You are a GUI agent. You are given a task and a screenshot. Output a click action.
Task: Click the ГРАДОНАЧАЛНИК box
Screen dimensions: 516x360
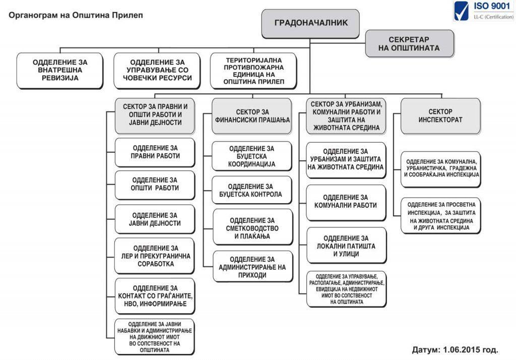coord(310,24)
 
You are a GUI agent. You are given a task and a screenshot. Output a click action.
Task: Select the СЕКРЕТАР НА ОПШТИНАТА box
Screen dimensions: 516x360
coord(409,44)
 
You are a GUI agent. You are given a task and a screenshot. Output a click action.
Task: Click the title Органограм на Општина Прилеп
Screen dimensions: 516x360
coord(76,15)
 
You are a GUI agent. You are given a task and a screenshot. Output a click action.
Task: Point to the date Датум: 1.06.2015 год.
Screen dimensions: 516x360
coord(455,349)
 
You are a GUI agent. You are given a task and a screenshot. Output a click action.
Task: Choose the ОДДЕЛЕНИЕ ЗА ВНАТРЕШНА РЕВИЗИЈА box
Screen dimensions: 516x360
coord(60,71)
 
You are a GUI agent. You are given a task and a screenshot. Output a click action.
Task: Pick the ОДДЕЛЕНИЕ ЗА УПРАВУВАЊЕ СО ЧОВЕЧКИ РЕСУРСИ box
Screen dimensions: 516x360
coord(157,71)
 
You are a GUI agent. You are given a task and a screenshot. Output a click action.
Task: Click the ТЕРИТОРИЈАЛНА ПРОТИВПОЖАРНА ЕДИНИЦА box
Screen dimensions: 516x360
coord(253,71)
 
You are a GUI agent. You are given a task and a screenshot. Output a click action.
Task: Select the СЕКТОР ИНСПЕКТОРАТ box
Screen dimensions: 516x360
coord(440,116)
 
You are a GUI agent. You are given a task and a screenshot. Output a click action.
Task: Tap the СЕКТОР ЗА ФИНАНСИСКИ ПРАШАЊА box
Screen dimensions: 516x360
coord(252,116)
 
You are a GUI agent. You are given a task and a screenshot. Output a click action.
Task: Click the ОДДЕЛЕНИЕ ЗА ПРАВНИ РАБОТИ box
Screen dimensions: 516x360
coord(155,152)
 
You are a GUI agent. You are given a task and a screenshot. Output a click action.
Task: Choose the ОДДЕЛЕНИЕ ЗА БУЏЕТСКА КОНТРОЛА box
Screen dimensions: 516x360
coord(252,191)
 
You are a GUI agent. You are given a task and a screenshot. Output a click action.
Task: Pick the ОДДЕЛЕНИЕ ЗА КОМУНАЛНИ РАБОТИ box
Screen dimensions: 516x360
coord(346,203)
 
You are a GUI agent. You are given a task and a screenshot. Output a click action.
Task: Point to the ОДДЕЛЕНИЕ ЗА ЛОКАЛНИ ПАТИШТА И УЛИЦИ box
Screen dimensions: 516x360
coord(346,246)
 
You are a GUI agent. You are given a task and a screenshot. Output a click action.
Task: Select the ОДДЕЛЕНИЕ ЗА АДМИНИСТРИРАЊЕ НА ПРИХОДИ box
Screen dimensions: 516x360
coord(253,266)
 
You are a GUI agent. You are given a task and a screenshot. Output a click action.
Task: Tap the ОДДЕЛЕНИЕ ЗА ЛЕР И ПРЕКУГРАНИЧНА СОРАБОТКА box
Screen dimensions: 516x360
coord(154,256)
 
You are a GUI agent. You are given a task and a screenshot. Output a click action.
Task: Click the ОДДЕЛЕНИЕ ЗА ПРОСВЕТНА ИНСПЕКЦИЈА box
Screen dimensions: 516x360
coord(441,216)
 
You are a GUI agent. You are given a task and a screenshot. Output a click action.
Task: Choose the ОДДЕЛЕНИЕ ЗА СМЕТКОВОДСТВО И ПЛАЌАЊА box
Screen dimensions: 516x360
coord(253,227)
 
